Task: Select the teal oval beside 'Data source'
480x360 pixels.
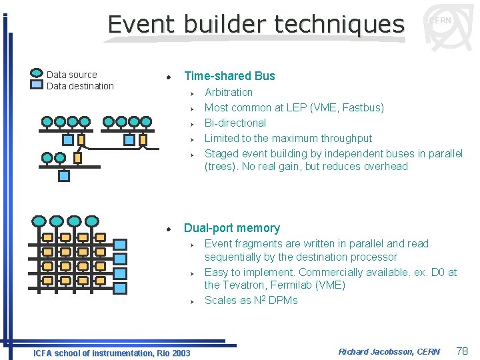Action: coord(37,74)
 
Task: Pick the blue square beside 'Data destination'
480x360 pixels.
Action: coord(37,85)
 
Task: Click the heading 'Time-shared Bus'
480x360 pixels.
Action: coord(229,76)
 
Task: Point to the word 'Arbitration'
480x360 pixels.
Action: coord(229,92)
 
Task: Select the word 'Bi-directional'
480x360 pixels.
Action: coord(235,123)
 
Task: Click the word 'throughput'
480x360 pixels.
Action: coord(345,138)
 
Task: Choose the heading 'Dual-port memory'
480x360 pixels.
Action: coord(232,228)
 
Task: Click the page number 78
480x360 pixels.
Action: coord(462,351)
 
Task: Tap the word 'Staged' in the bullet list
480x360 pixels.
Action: coord(221,153)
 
